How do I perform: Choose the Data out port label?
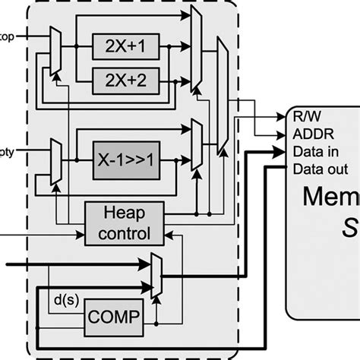[321, 169]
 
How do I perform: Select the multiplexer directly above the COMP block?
[156, 275]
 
